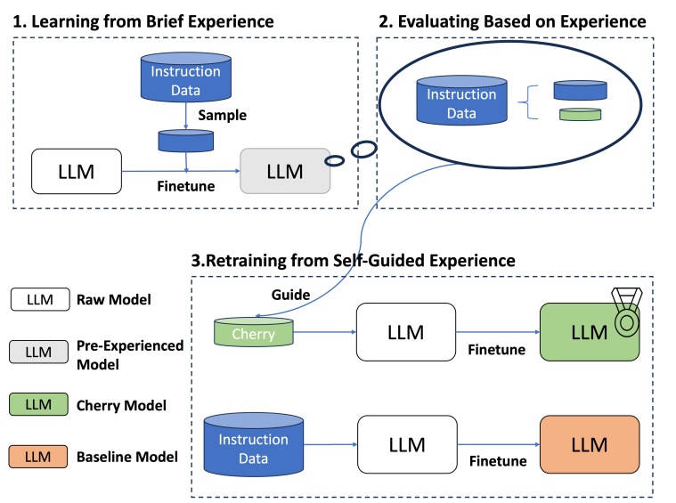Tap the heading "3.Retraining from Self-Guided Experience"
click(354, 261)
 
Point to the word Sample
click(222, 116)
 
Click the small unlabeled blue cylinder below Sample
click(185, 140)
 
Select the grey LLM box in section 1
click(285, 169)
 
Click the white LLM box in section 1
click(77, 169)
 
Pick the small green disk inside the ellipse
click(580, 114)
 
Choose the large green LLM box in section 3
click(589, 332)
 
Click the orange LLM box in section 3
click(589, 444)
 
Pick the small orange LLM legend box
click(40, 457)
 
